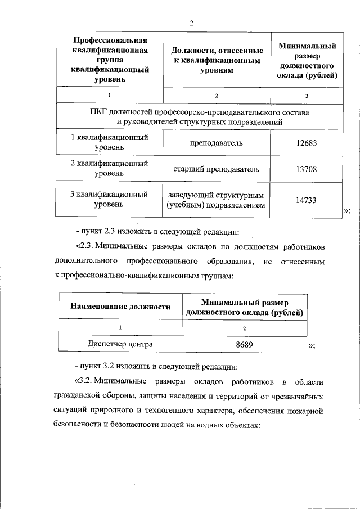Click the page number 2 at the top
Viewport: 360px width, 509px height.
pyautogui.click(x=192, y=23)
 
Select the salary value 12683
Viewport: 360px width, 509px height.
pyautogui.click(x=307, y=143)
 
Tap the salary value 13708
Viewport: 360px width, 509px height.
pyautogui.click(x=307, y=169)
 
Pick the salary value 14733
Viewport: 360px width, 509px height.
pyautogui.click(x=307, y=200)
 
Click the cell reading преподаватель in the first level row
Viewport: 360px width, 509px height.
pyautogui.click(x=217, y=143)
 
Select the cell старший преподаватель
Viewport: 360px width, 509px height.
pyautogui.click(x=217, y=169)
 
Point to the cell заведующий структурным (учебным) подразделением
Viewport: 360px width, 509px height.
pyautogui.click(x=217, y=200)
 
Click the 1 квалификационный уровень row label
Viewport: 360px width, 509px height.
pyautogui.click(x=109, y=143)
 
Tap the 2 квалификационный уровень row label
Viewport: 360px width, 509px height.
pyautogui.click(x=109, y=169)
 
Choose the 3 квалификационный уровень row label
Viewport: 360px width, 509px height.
pyautogui.click(x=109, y=200)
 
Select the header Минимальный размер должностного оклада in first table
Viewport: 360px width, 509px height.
pyautogui.click(x=307, y=61)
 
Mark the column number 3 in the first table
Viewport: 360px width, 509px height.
pyautogui.click(x=307, y=96)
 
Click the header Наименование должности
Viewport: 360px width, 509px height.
pyautogui.click(x=120, y=307)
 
